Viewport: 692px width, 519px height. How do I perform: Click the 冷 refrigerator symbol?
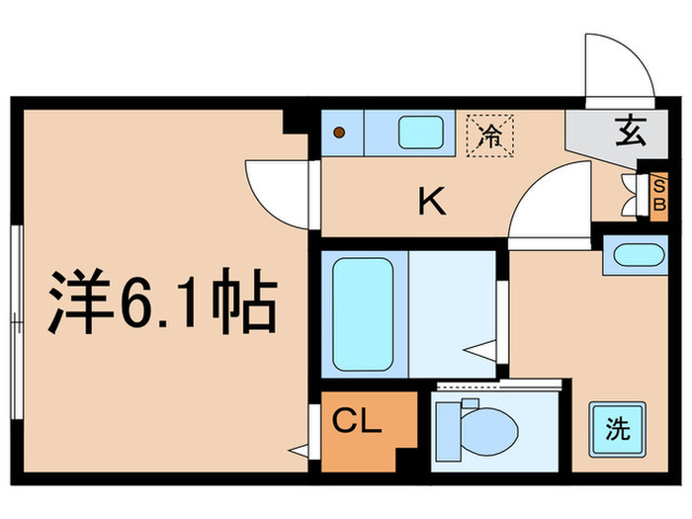[488, 137]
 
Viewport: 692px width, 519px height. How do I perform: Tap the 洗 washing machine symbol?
[618, 429]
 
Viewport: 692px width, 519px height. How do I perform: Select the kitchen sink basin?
[422, 130]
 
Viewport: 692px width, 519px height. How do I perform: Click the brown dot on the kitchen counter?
[339, 131]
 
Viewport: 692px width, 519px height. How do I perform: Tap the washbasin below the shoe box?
[635, 254]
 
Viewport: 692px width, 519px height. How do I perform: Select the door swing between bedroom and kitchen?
[277, 188]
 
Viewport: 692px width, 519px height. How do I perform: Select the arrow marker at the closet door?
[299, 452]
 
